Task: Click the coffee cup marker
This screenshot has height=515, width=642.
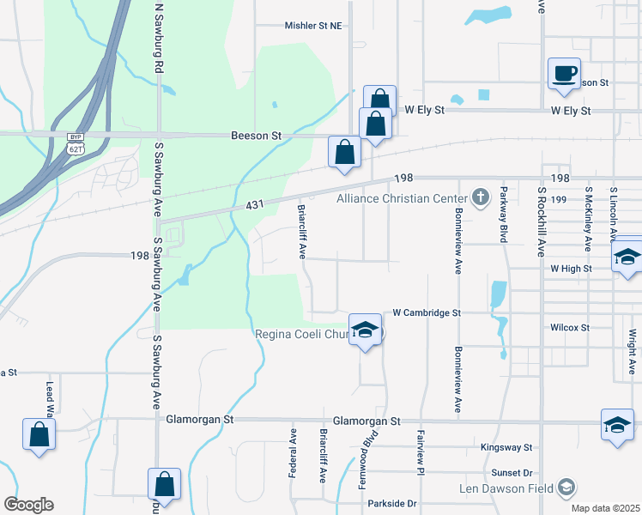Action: click(x=564, y=73)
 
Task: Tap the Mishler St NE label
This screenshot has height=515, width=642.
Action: click(x=313, y=26)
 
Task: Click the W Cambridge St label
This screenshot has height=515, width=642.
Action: click(x=427, y=313)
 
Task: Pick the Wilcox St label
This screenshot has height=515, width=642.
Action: click(x=570, y=328)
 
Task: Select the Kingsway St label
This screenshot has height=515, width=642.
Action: click(x=506, y=448)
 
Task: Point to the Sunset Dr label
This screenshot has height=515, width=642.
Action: click(x=512, y=473)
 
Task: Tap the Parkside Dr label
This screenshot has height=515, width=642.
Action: click(x=391, y=504)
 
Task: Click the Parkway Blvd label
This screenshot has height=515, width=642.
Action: click(x=504, y=215)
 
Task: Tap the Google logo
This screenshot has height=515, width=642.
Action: click(x=28, y=505)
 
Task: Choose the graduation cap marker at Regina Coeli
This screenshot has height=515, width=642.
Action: click(x=365, y=330)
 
